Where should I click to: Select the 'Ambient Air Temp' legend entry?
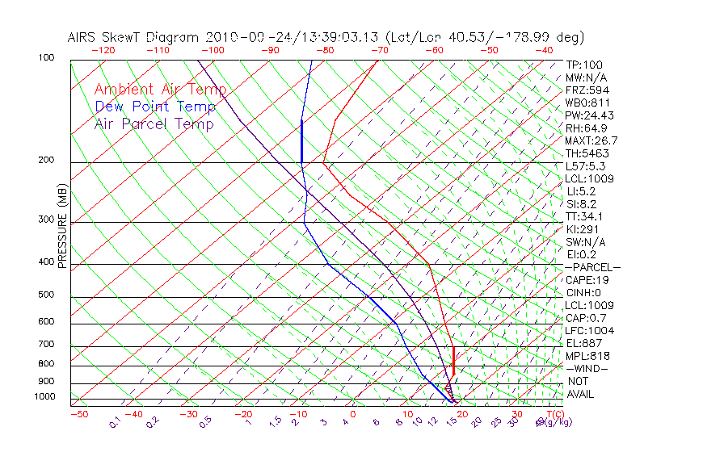pyautogui.click(x=160, y=90)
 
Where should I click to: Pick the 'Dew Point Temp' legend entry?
pyautogui.click(x=155, y=107)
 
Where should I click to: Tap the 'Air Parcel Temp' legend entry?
pyautogui.click(x=154, y=123)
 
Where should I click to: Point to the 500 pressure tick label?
pyautogui.click(x=45, y=295)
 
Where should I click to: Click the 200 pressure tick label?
pyautogui.click(x=45, y=160)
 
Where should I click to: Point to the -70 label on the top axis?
pyautogui.click(x=379, y=50)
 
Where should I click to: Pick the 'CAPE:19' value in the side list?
pyautogui.click(x=587, y=280)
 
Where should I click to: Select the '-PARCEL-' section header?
pyautogui.click(x=592, y=267)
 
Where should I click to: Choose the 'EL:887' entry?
pyautogui.click(x=583, y=343)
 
